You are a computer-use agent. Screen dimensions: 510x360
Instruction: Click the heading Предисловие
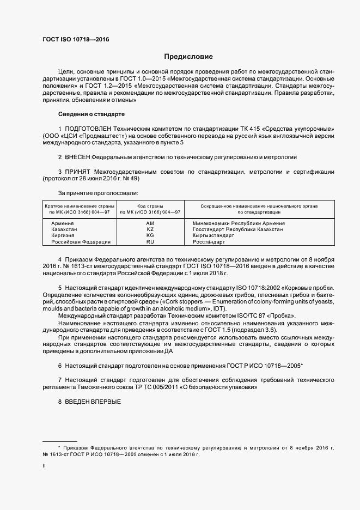[x=188, y=56]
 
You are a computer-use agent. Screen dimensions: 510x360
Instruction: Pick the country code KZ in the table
[x=150, y=229]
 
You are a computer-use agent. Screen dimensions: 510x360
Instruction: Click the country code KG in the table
[x=150, y=235]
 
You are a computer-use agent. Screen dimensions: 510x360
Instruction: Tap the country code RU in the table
[x=150, y=241]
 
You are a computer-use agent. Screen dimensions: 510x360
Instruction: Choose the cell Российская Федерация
[x=81, y=241]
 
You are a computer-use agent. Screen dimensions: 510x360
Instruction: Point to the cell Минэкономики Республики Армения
[x=239, y=223]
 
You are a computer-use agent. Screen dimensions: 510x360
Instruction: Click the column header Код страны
[x=150, y=206]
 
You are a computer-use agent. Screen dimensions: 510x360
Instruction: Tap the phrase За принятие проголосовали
[x=97, y=193]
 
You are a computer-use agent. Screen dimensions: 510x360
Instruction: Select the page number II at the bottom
[x=44, y=466]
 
